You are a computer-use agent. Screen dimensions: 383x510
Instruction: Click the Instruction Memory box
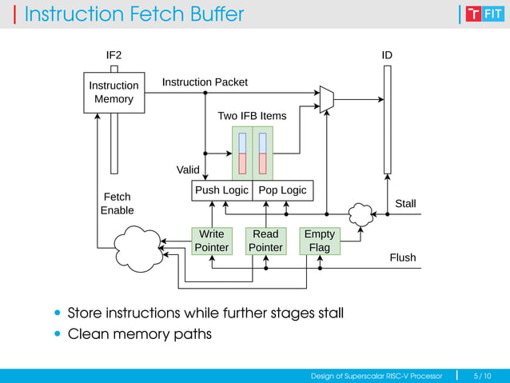point(114,93)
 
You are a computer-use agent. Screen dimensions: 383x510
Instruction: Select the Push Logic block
point(222,190)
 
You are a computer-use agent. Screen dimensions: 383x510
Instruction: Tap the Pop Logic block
point(283,190)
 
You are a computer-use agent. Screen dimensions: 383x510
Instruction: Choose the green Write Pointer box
point(211,241)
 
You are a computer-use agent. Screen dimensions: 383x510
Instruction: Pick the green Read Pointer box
point(265,241)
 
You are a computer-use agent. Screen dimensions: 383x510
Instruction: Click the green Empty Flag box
point(320,241)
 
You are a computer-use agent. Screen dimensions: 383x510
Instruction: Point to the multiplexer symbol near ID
point(326,99)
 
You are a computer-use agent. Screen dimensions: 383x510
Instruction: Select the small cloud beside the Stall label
point(361,213)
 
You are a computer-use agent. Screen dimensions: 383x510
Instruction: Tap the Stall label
point(405,204)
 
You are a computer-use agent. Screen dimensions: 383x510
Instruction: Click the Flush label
point(403,257)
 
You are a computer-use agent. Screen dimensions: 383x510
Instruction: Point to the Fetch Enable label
point(117,203)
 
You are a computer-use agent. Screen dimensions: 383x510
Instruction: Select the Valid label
point(188,170)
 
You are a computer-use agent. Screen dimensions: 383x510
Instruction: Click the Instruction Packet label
point(205,82)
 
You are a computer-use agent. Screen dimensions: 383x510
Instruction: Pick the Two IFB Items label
point(252,116)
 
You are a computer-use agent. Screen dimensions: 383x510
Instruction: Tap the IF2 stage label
point(114,55)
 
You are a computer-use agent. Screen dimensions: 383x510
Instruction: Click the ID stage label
point(387,55)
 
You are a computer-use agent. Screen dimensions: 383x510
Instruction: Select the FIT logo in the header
point(484,14)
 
